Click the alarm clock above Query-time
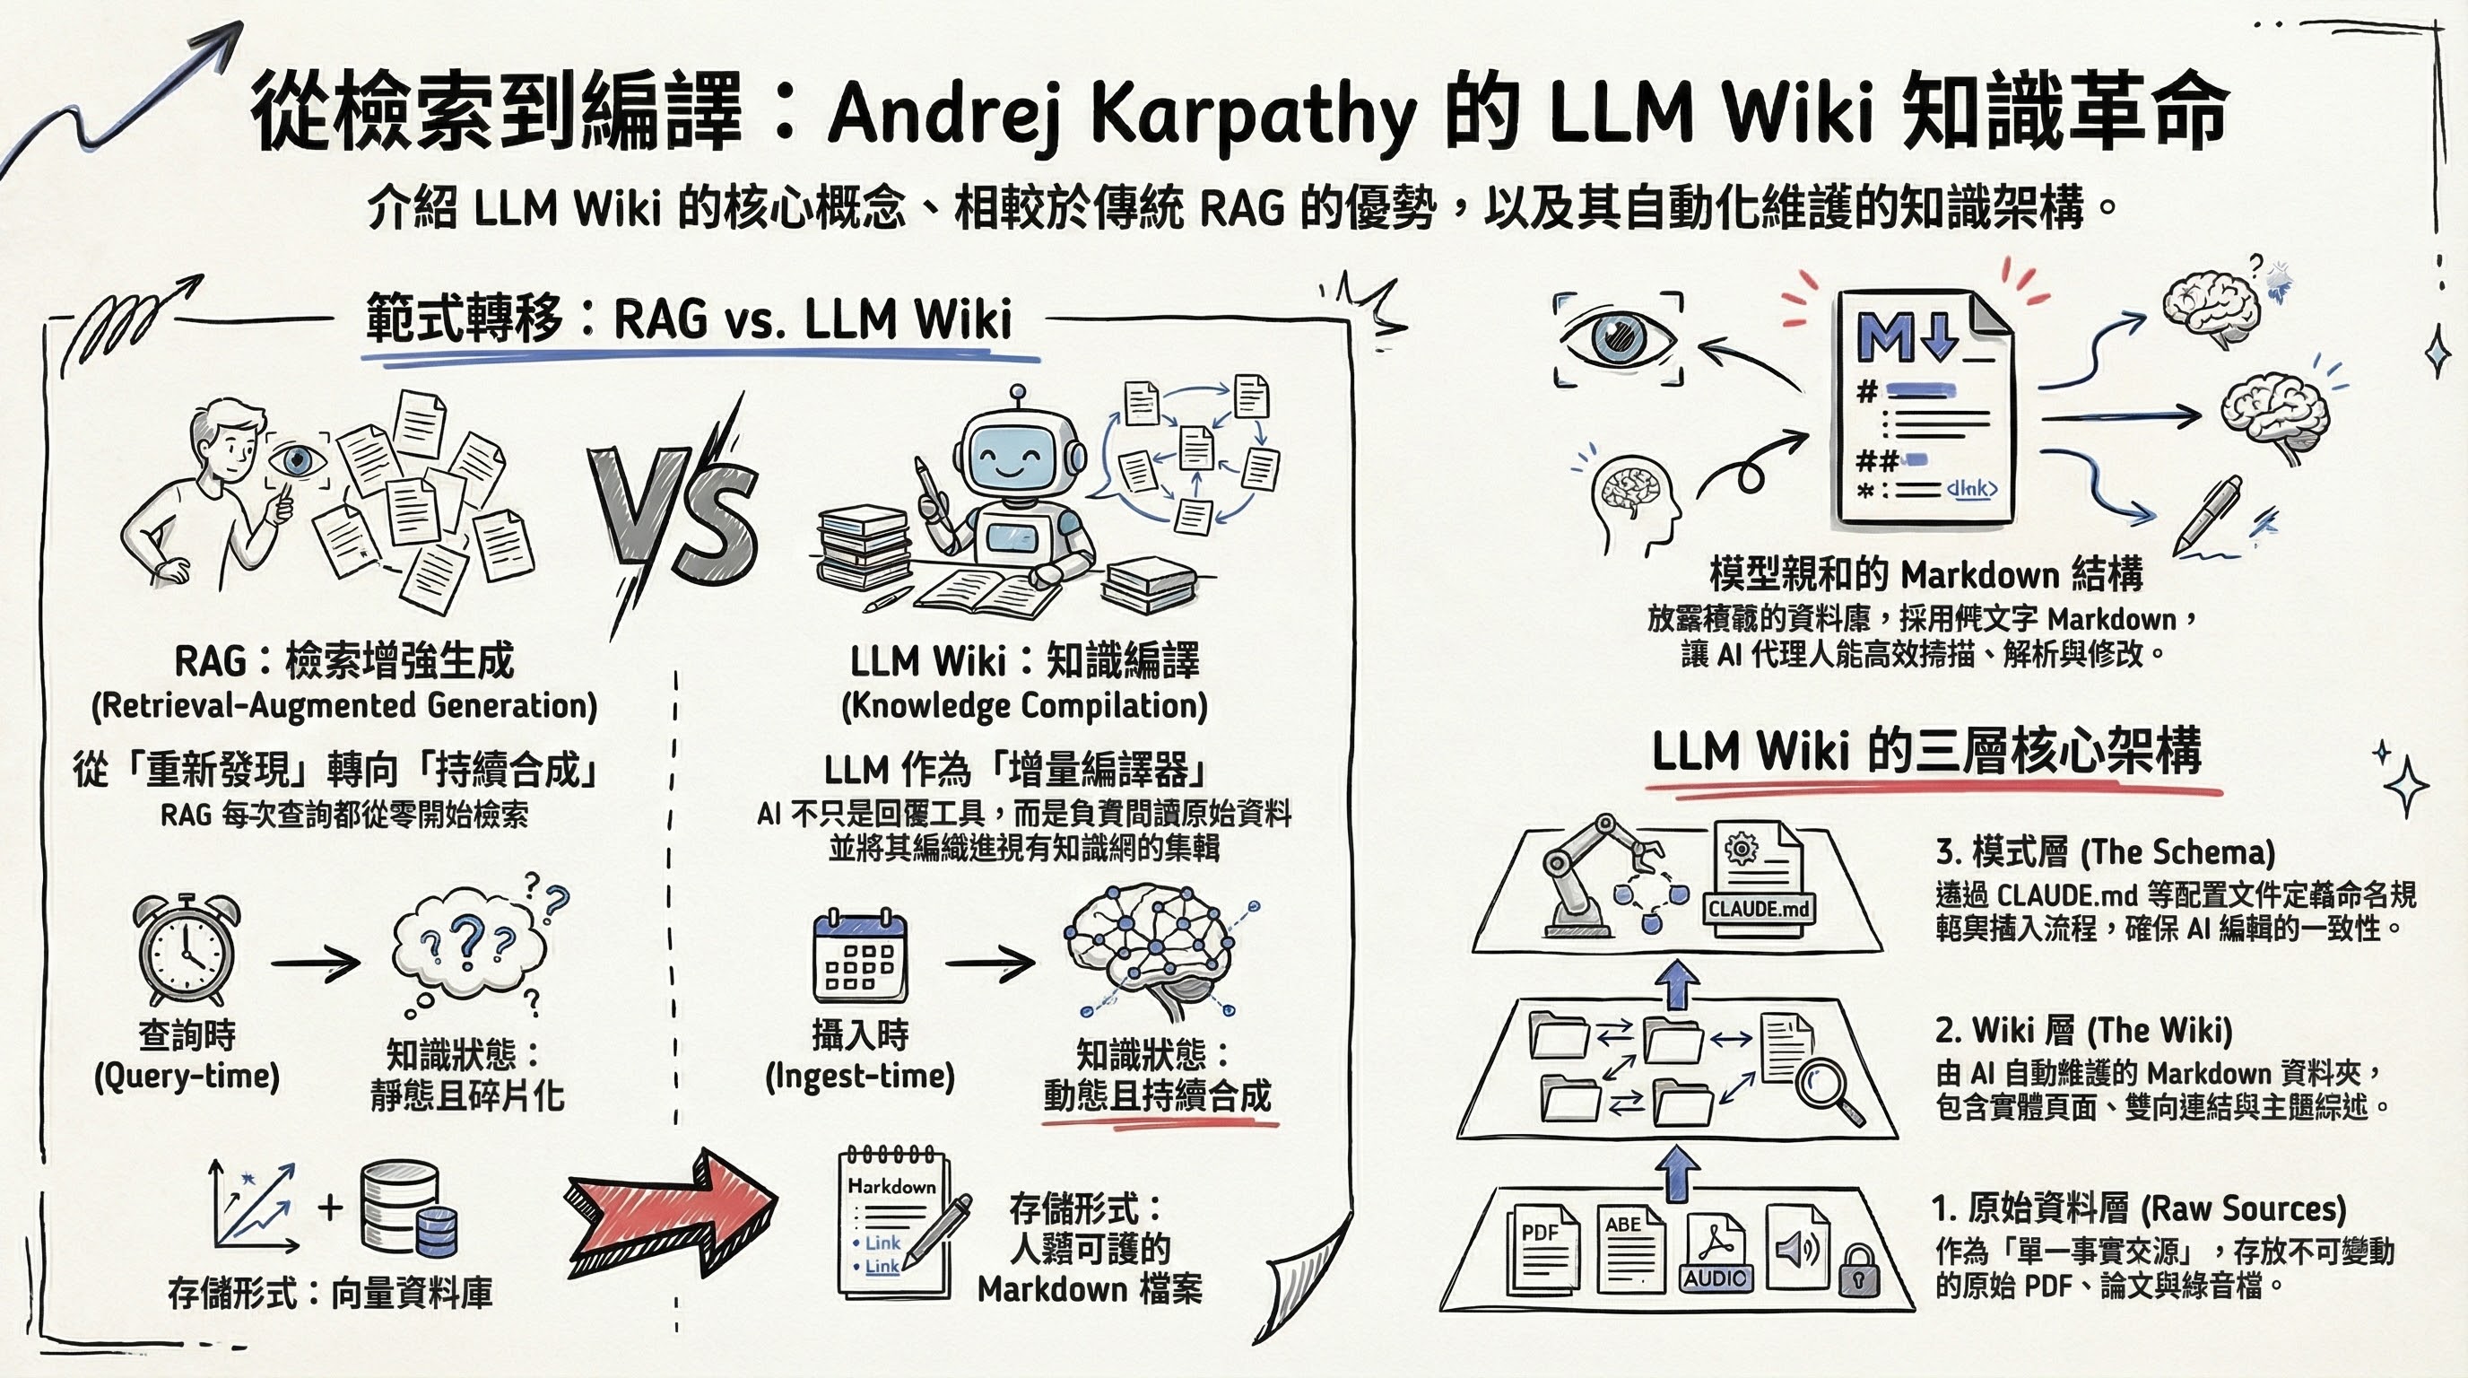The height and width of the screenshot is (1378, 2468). pyautogui.click(x=186, y=950)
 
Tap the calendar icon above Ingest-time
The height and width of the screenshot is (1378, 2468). pyautogui.click(x=858, y=957)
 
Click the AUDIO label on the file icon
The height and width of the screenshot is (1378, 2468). pyautogui.click(x=1715, y=1278)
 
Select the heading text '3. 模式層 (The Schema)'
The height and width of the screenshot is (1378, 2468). pyautogui.click(x=2104, y=851)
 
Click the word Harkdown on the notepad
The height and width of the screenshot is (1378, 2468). pyautogui.click(x=891, y=1185)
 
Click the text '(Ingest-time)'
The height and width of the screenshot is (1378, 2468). pyautogui.click(x=859, y=1077)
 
